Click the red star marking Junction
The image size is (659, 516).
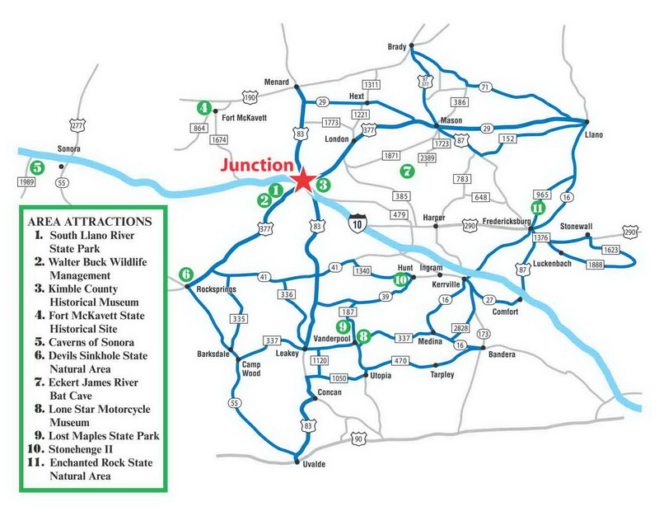coord(304,180)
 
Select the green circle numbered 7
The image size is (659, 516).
coord(405,171)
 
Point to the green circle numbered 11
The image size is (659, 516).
coord(537,208)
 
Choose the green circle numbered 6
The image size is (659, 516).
coord(186,274)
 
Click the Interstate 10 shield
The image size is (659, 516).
coord(355,224)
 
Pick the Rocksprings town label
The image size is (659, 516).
coord(217,291)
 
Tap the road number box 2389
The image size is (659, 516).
coord(427,158)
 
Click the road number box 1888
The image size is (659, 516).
coord(597,264)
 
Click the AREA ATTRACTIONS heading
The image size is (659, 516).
coord(89,222)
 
